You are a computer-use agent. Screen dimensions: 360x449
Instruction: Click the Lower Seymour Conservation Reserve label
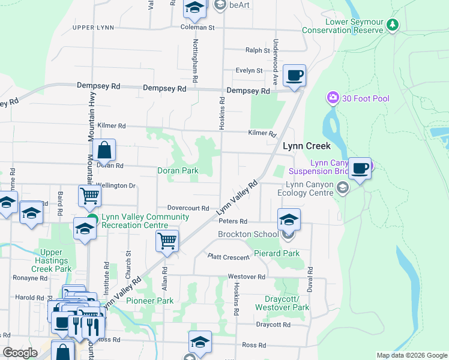[343, 25]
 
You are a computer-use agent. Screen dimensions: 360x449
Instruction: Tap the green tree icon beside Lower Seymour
[393, 25]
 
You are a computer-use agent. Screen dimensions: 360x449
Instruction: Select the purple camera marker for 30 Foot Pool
[333, 98]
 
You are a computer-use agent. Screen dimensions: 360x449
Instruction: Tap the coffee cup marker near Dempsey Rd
[294, 76]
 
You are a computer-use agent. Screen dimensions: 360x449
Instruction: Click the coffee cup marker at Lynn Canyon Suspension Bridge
[360, 169]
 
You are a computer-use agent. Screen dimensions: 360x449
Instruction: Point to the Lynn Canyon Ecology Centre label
[309, 189]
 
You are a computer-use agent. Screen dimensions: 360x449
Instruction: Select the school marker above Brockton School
[289, 220]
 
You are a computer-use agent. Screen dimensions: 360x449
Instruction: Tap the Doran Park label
[178, 171]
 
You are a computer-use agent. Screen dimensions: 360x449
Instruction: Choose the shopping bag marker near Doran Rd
[104, 151]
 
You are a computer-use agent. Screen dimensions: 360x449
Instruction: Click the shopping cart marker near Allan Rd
[167, 241]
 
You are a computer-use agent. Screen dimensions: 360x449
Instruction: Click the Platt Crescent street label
[228, 257]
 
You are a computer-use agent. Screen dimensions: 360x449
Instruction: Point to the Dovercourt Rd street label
[188, 208]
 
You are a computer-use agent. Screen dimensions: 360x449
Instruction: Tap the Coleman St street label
[197, 28]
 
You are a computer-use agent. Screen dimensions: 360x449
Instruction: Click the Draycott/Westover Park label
[282, 303]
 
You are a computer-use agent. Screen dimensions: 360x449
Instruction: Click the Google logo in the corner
[20, 353]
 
